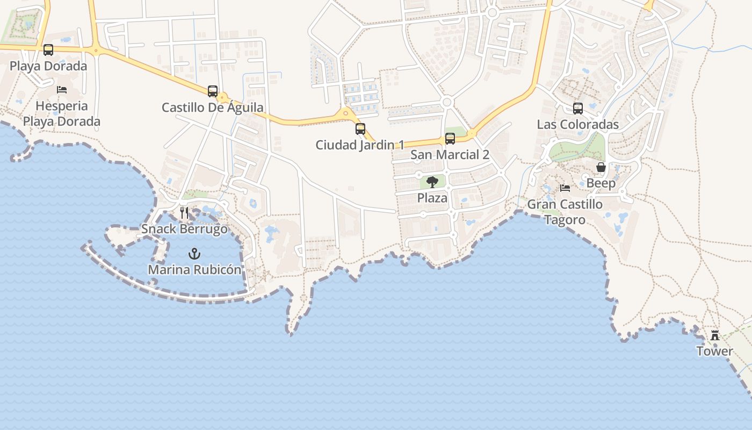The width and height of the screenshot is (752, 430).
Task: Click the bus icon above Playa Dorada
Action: point(48,50)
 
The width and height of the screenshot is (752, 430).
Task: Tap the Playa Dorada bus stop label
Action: point(48,66)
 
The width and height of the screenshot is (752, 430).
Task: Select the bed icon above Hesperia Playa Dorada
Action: point(62,89)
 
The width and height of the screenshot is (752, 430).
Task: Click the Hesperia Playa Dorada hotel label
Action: point(62,113)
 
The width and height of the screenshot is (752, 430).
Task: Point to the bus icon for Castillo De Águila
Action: point(213,91)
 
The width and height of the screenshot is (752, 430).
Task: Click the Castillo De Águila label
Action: point(213,107)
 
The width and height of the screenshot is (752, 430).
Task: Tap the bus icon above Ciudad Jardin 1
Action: point(360,129)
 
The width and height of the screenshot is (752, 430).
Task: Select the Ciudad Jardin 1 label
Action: point(360,145)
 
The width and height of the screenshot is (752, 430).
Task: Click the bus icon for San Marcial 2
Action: point(450,139)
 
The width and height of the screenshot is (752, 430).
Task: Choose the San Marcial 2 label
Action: point(450,155)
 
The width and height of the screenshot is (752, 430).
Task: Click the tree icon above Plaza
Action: point(432,182)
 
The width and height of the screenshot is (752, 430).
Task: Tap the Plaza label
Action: point(432,198)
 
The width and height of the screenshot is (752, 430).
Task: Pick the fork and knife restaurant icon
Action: point(184,212)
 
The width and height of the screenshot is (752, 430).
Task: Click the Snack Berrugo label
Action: point(184,229)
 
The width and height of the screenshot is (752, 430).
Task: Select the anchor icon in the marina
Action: point(194,253)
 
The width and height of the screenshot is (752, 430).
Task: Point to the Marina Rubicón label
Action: point(194,269)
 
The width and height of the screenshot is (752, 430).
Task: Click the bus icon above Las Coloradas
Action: point(578,109)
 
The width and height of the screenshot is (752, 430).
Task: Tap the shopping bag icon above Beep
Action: point(601,167)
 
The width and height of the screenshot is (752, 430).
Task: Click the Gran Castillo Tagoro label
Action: point(565,212)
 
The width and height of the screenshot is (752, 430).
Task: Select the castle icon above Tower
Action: point(715,335)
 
